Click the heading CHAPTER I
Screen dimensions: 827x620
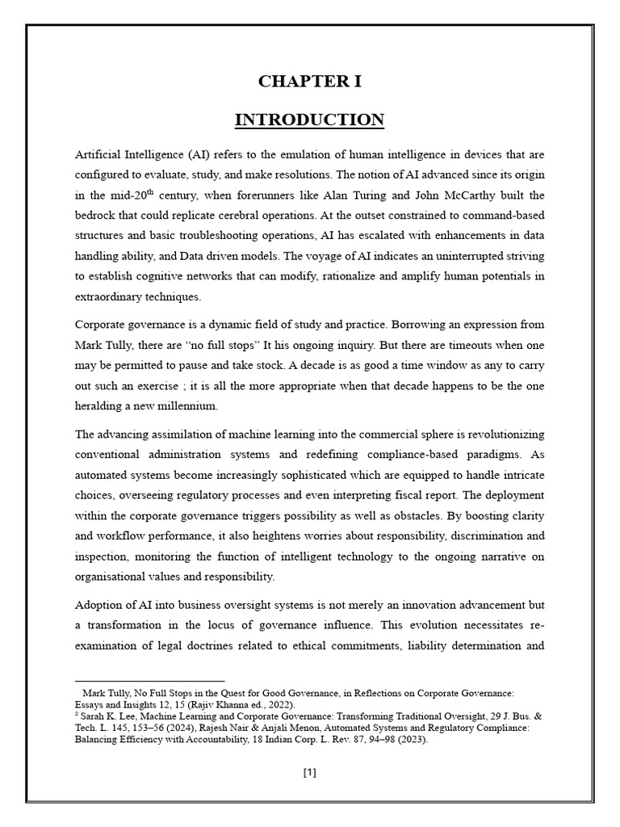click(310, 82)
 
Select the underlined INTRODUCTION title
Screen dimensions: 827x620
click(310, 120)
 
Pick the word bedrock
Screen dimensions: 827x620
click(98, 216)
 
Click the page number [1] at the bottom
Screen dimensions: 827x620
click(310, 772)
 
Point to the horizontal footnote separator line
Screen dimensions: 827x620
click(149, 682)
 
